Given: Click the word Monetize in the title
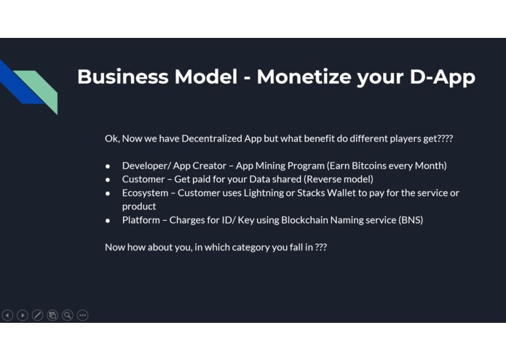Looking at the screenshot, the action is [303, 77].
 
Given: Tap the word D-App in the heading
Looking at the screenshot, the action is [443, 77].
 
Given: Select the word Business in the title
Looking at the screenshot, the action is [122, 77].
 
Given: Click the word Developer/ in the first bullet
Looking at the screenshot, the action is [146, 166].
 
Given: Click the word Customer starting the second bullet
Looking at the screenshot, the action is [143, 179].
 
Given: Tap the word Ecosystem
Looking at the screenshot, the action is [145, 193].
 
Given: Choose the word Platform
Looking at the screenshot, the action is [141, 220].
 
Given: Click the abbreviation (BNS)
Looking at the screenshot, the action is [411, 220].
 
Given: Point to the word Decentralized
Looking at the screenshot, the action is [212, 138].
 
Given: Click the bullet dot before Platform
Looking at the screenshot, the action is [108, 221].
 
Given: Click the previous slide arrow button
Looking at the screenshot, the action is [7, 315].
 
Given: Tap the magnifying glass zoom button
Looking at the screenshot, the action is [68, 315].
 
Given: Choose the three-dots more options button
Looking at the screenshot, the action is [82, 315].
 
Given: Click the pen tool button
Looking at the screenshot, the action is [37, 315].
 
